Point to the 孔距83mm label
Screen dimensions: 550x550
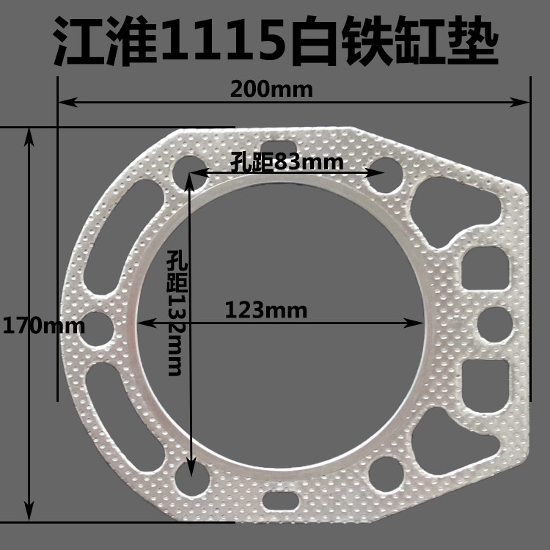coord(287,161)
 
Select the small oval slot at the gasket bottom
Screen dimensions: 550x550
coord(279,501)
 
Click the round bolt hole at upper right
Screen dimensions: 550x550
coord(384,174)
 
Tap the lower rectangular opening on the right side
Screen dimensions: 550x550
coord(486,376)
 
